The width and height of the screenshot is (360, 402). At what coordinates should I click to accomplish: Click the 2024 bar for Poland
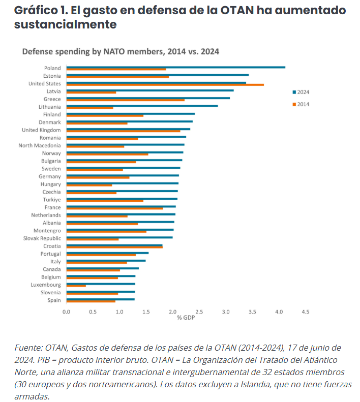point(175,67)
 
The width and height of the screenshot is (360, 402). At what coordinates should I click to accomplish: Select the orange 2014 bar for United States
point(165,85)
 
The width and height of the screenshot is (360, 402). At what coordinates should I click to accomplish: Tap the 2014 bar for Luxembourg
point(76,286)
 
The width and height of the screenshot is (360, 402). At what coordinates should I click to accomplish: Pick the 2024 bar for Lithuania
point(142,106)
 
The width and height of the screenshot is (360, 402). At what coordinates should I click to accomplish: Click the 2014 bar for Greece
point(126,100)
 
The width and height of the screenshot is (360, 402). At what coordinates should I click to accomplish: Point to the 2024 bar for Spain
point(100,299)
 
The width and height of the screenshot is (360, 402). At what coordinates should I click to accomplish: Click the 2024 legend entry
point(301,92)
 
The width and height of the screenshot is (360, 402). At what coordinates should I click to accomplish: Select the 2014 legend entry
point(301,104)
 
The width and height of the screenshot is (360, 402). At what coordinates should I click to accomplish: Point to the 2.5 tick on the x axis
point(199,311)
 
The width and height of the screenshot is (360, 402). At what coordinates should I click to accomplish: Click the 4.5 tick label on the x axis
point(305,311)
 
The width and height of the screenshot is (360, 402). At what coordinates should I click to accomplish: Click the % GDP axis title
point(186,318)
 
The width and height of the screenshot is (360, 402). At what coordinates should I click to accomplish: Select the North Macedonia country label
point(40,145)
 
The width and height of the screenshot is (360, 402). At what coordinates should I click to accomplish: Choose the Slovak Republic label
point(42,238)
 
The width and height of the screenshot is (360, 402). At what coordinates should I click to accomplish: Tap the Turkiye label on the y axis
point(52,200)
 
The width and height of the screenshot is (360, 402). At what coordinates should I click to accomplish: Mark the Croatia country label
point(52,246)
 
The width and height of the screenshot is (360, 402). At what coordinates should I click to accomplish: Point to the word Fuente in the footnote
point(28,348)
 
